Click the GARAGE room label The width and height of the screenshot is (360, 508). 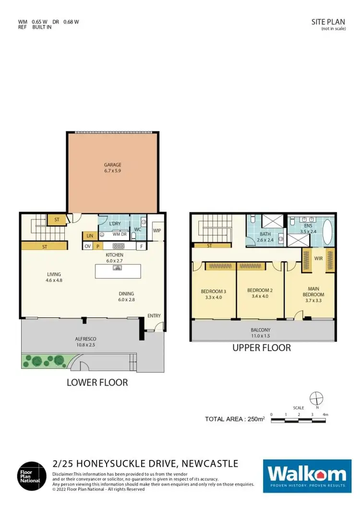[x=112, y=165]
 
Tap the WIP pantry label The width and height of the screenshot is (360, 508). [x=156, y=230]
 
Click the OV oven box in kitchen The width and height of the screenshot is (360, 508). [x=88, y=247]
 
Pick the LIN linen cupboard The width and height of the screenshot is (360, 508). [x=89, y=236]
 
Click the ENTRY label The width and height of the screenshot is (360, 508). [x=154, y=316]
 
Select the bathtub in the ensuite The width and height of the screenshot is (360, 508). [x=328, y=231]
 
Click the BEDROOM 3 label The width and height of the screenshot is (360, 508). [x=213, y=291]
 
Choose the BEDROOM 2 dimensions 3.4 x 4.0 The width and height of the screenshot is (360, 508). [x=259, y=296]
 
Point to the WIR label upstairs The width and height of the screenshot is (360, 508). [x=318, y=258]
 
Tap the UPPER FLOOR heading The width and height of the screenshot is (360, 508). [x=262, y=347]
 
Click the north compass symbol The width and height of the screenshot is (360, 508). [x=316, y=399]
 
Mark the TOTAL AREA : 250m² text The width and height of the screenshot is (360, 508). [x=235, y=419]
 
